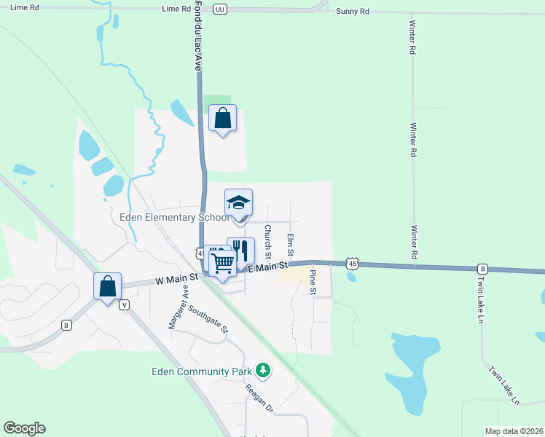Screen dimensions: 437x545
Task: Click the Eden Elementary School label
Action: pyautogui.click(x=169, y=217)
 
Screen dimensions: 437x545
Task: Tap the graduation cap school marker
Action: pyautogui.click(x=238, y=203)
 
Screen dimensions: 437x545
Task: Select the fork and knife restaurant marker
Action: pyautogui.click(x=241, y=252)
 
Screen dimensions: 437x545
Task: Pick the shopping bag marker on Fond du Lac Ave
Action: pyautogui.click(x=223, y=118)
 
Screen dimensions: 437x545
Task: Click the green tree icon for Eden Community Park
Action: pyautogui.click(x=262, y=371)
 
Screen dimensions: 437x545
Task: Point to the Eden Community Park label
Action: pyautogui.click(x=200, y=371)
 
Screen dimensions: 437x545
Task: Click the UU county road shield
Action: pyautogui.click(x=220, y=9)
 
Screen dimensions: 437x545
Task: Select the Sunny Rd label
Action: pyautogui.click(x=353, y=12)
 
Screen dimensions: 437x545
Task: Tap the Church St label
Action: pyautogui.click(x=268, y=241)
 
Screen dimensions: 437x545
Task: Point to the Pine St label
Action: pyautogui.click(x=313, y=282)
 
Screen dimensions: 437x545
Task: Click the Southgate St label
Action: pyautogui.click(x=208, y=318)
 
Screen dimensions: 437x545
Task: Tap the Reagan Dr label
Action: pyautogui.click(x=258, y=398)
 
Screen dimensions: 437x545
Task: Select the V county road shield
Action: pyautogui.click(x=125, y=305)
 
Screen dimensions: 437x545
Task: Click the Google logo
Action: pyautogui.click(x=24, y=428)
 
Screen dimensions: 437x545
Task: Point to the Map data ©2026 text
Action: pyautogui.click(x=514, y=431)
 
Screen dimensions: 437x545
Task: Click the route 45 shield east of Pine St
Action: pyautogui.click(x=352, y=262)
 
